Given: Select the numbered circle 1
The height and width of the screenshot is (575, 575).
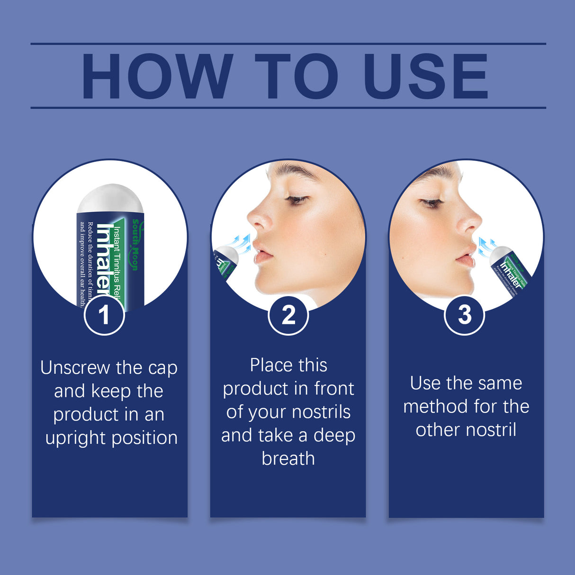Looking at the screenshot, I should pos(104,314).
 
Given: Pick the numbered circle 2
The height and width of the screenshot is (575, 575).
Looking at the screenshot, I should pos(288,314).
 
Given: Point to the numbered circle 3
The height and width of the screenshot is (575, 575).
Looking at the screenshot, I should pos(465,314).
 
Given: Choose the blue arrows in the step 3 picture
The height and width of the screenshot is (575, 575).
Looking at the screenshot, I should pos(486,245).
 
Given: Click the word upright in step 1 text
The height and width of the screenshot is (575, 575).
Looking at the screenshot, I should pos(78,438).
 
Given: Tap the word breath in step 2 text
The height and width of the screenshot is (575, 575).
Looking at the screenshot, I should pos(288,458).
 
